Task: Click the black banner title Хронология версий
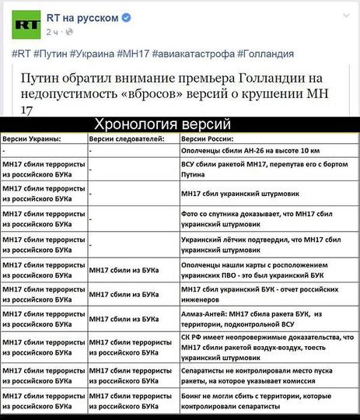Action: (x=163, y=124)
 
